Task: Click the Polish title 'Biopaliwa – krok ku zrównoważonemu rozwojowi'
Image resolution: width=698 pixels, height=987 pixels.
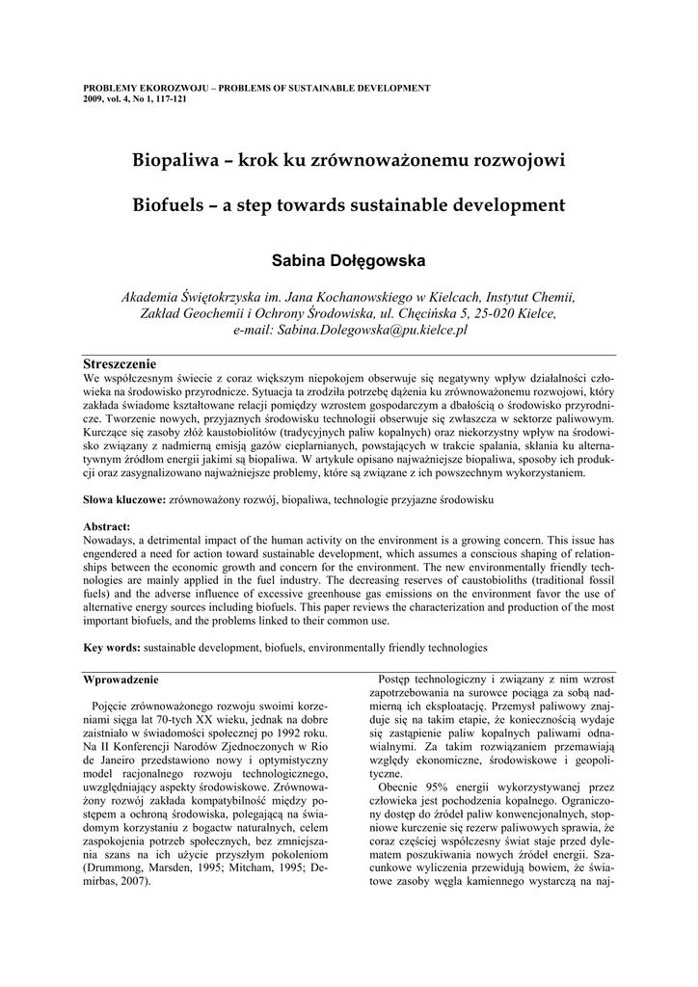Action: click(348, 159)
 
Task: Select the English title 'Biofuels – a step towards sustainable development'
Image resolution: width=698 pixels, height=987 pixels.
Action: click(348, 205)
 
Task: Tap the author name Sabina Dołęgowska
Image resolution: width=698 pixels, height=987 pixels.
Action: click(348, 260)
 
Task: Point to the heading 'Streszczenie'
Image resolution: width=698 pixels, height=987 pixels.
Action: click(121, 364)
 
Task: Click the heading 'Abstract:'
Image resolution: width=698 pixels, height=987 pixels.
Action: click(107, 527)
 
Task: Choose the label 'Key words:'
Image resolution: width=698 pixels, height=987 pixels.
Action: click(113, 648)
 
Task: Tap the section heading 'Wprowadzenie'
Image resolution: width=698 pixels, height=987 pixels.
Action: click(123, 680)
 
